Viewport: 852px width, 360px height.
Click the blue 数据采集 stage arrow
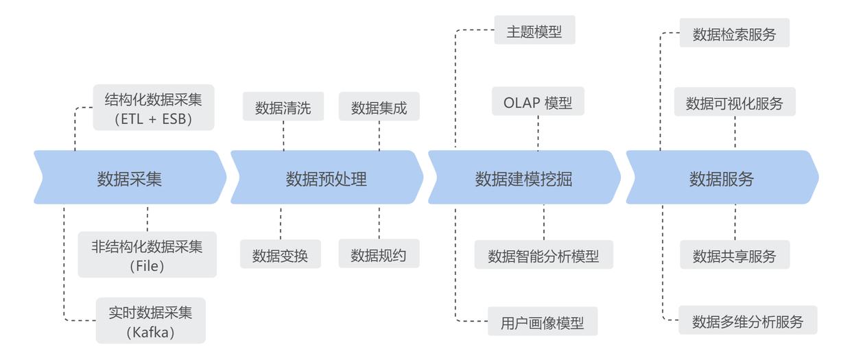[130, 179]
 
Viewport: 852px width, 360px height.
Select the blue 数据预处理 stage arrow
[327, 179]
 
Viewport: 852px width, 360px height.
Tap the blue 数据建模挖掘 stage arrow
[523, 179]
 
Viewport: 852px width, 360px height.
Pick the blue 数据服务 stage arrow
[722, 179]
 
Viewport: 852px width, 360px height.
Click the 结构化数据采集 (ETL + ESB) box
[154, 108]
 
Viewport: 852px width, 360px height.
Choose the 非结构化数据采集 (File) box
[147, 255]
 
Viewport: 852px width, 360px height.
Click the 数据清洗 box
[283, 108]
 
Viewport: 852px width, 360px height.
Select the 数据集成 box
[379, 108]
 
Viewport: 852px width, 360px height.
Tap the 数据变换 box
[280, 255]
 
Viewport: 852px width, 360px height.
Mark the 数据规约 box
[379, 255]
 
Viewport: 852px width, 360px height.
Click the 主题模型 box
[534, 32]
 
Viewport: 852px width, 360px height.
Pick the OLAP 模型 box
[538, 103]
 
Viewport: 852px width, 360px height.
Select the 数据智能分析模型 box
[543, 256]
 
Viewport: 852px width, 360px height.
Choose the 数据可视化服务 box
[734, 103]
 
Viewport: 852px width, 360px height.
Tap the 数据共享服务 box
[734, 256]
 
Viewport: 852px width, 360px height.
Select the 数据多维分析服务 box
[748, 321]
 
